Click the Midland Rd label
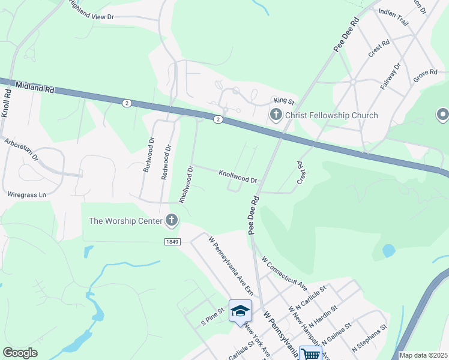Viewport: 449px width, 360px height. [x=35, y=88]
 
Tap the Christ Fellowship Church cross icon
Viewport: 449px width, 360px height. [x=276, y=115]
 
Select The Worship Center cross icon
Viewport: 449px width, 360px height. [x=172, y=221]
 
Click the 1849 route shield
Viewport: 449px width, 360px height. [x=172, y=241]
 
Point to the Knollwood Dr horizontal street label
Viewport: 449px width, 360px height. [x=238, y=176]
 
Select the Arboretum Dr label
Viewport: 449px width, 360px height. [x=20, y=151]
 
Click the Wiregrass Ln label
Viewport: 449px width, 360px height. [x=26, y=195]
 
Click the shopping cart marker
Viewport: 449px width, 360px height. [x=311, y=353]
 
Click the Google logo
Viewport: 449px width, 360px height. [x=20, y=353]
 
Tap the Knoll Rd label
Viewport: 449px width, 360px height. [x=7, y=104]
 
